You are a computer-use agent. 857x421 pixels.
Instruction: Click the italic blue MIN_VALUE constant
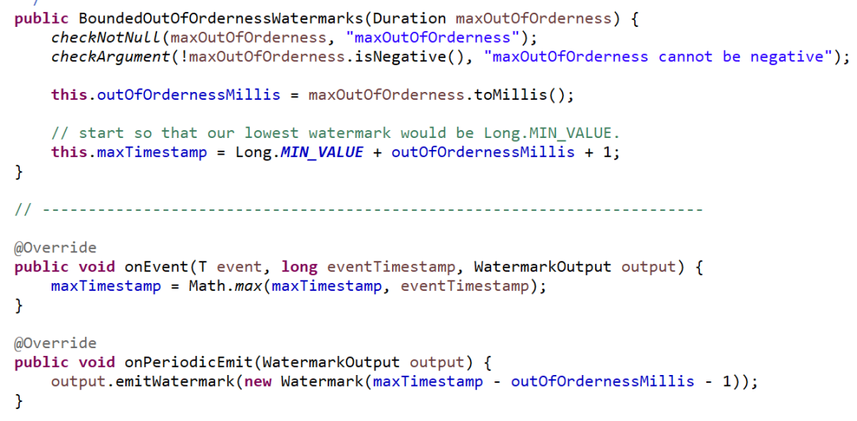coord(321,151)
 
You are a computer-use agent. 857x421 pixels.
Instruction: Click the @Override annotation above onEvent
coord(56,247)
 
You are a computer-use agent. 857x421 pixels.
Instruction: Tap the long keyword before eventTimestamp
coord(299,266)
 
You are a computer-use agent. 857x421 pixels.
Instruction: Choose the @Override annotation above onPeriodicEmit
coord(56,343)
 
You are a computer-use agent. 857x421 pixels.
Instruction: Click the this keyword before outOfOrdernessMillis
coord(69,94)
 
